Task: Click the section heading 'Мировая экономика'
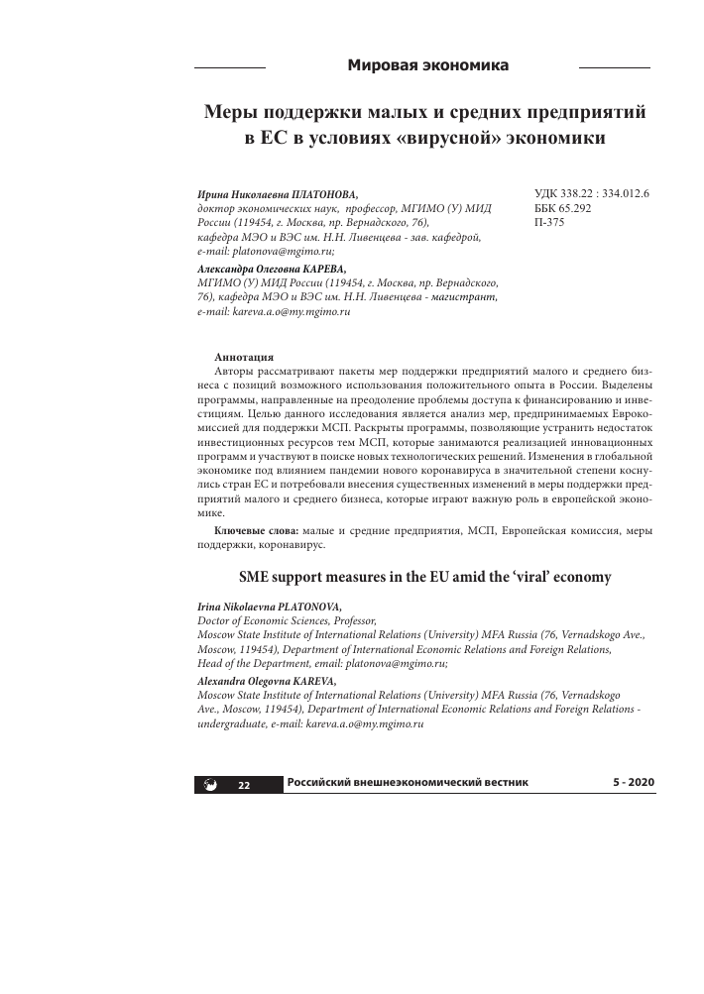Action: pyautogui.click(x=427, y=65)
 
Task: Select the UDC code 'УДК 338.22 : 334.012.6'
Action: pyautogui.click(x=583, y=195)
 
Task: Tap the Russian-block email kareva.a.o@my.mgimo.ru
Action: pyautogui.click(x=293, y=311)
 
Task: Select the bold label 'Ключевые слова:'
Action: pyautogui.click(x=255, y=532)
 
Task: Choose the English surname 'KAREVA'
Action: pyautogui.click(x=307, y=682)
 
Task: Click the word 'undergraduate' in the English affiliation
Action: pyautogui.click(x=233, y=724)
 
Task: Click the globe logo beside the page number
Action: pyautogui.click(x=210, y=785)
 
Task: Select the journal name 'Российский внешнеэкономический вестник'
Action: pyautogui.click(x=408, y=783)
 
